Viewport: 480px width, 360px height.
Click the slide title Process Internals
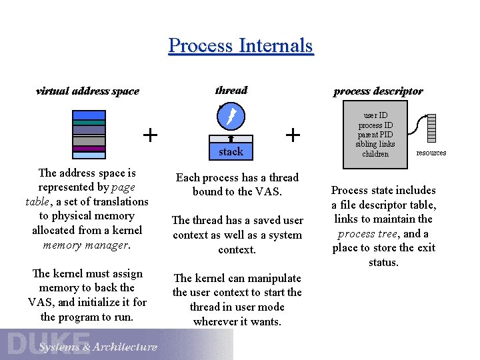pyautogui.click(x=240, y=45)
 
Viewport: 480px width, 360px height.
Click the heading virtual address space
pyautogui.click(x=87, y=91)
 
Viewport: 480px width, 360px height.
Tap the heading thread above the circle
pyautogui.click(x=231, y=91)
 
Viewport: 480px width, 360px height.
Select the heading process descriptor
pyautogui.click(x=377, y=91)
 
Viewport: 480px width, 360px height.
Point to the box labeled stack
pyautogui.click(x=231, y=151)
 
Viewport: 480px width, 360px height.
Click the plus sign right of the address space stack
pyautogui.click(x=151, y=135)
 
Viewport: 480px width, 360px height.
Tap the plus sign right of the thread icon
pyautogui.click(x=292, y=135)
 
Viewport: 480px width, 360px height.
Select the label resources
pyautogui.click(x=431, y=153)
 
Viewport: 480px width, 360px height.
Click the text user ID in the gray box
pyautogui.click(x=375, y=115)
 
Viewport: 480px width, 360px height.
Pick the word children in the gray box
pyautogui.click(x=375, y=154)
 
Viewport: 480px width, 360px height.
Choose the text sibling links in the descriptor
pyautogui.click(x=375, y=144)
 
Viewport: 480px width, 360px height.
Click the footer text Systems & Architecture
pyautogui.click(x=98, y=347)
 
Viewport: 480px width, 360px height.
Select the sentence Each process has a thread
pyautogui.click(x=237, y=177)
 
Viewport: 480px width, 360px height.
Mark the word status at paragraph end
pyautogui.click(x=383, y=262)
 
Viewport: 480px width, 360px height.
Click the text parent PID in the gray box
pyautogui.click(x=375, y=135)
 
